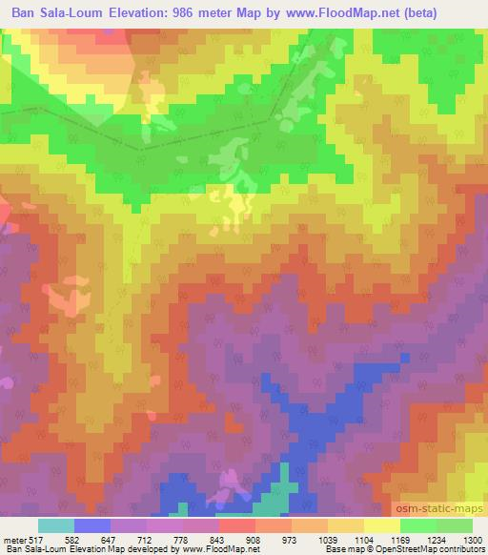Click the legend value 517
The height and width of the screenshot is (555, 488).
[x=36, y=539]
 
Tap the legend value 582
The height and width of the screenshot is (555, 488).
[x=72, y=539]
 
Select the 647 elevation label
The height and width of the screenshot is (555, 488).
[x=109, y=539]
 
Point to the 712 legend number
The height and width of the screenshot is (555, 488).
[x=145, y=539]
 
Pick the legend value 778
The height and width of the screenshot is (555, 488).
[x=181, y=539]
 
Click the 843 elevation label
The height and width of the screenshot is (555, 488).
[x=217, y=539]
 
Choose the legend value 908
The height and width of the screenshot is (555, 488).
[x=254, y=539]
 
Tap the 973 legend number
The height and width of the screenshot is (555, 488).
[x=290, y=539]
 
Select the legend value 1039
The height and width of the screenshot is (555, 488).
[x=326, y=539]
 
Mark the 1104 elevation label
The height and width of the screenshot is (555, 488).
[x=362, y=539]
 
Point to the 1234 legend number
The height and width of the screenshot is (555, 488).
[x=435, y=539]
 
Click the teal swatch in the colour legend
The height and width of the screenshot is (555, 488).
[x=56, y=525]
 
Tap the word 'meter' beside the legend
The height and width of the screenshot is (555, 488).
[x=14, y=539]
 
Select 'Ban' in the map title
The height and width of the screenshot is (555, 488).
[x=21, y=12]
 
